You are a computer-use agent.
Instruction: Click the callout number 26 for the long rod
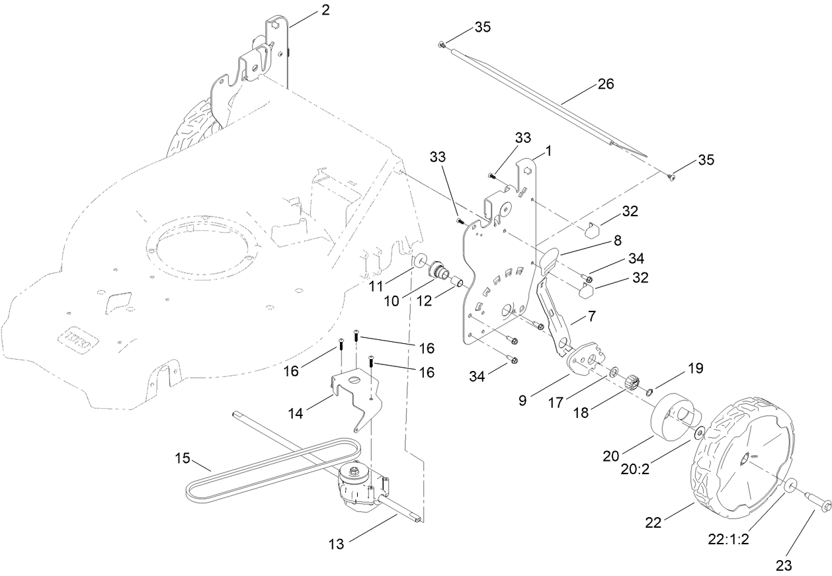coord(605,84)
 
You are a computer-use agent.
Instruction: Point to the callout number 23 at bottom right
coord(784,565)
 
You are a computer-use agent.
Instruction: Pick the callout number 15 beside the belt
coord(183,458)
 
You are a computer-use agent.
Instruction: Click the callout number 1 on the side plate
coord(548,151)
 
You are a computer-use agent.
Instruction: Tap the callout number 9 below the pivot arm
coord(522,401)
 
